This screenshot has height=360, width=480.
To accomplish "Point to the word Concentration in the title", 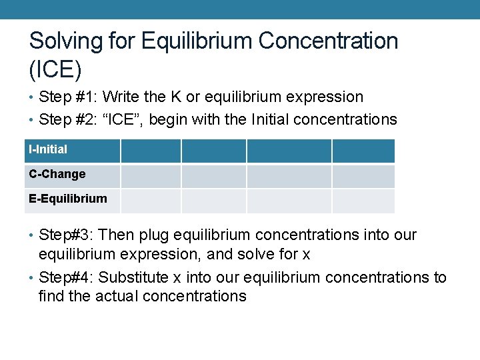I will (x=328, y=41).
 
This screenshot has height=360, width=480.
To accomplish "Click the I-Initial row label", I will (x=48, y=149).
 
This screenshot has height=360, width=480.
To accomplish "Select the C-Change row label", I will (x=57, y=174).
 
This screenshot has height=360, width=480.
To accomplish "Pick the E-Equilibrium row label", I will (x=67, y=199).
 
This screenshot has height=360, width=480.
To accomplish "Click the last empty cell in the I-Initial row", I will (x=363, y=151).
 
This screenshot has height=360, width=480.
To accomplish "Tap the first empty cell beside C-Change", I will (x=151, y=176).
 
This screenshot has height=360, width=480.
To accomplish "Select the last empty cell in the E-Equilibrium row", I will (x=363, y=201).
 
